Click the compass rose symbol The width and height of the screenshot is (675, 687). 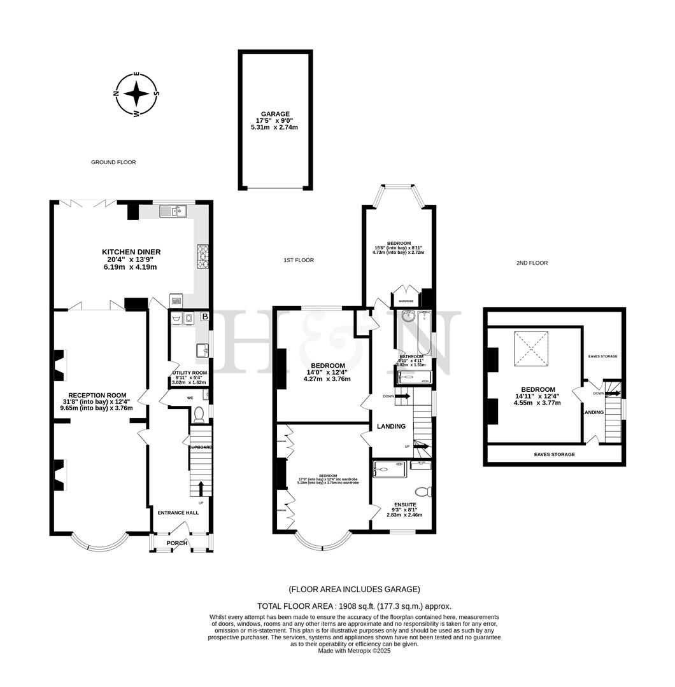[136, 95]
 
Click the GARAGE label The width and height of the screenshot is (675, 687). [275, 114]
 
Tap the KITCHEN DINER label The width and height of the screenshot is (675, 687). [131, 252]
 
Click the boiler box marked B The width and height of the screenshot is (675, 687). [205, 316]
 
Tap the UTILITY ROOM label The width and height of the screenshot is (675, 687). [190, 373]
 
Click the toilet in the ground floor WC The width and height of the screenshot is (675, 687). [198, 415]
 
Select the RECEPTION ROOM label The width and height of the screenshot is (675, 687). [97, 395]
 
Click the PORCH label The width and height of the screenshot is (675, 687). [177, 543]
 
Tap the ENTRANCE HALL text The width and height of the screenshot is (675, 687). [178, 513]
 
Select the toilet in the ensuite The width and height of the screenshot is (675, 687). [422, 491]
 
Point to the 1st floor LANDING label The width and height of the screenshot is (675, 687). [391, 426]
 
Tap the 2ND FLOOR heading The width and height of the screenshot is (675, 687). [532, 263]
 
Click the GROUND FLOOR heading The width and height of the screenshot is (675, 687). [113, 162]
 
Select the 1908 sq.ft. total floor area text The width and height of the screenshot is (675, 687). [354, 606]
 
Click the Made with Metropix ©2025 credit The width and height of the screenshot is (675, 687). [354, 651]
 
